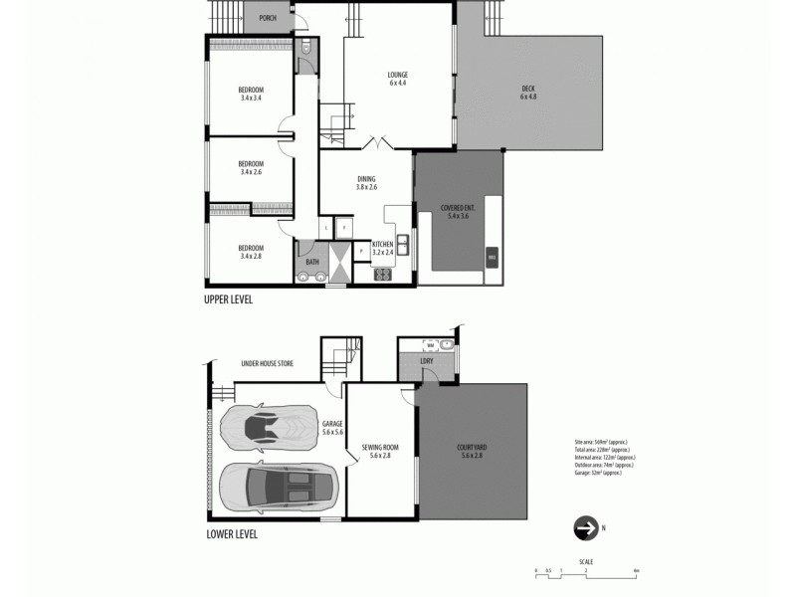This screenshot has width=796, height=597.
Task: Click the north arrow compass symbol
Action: pos(584,528)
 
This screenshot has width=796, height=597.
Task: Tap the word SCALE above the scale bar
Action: pos(586,561)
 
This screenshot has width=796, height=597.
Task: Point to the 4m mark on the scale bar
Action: pos(636,571)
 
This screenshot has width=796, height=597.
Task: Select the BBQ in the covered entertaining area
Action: pos(490,258)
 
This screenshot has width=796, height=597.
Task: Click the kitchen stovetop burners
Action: pos(382,275)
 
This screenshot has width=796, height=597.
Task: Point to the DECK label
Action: pos(527,92)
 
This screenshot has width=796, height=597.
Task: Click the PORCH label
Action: pos(267,19)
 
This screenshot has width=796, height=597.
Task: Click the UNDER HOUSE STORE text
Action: pos(267,364)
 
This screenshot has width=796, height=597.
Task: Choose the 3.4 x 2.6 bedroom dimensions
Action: pos(252,172)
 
